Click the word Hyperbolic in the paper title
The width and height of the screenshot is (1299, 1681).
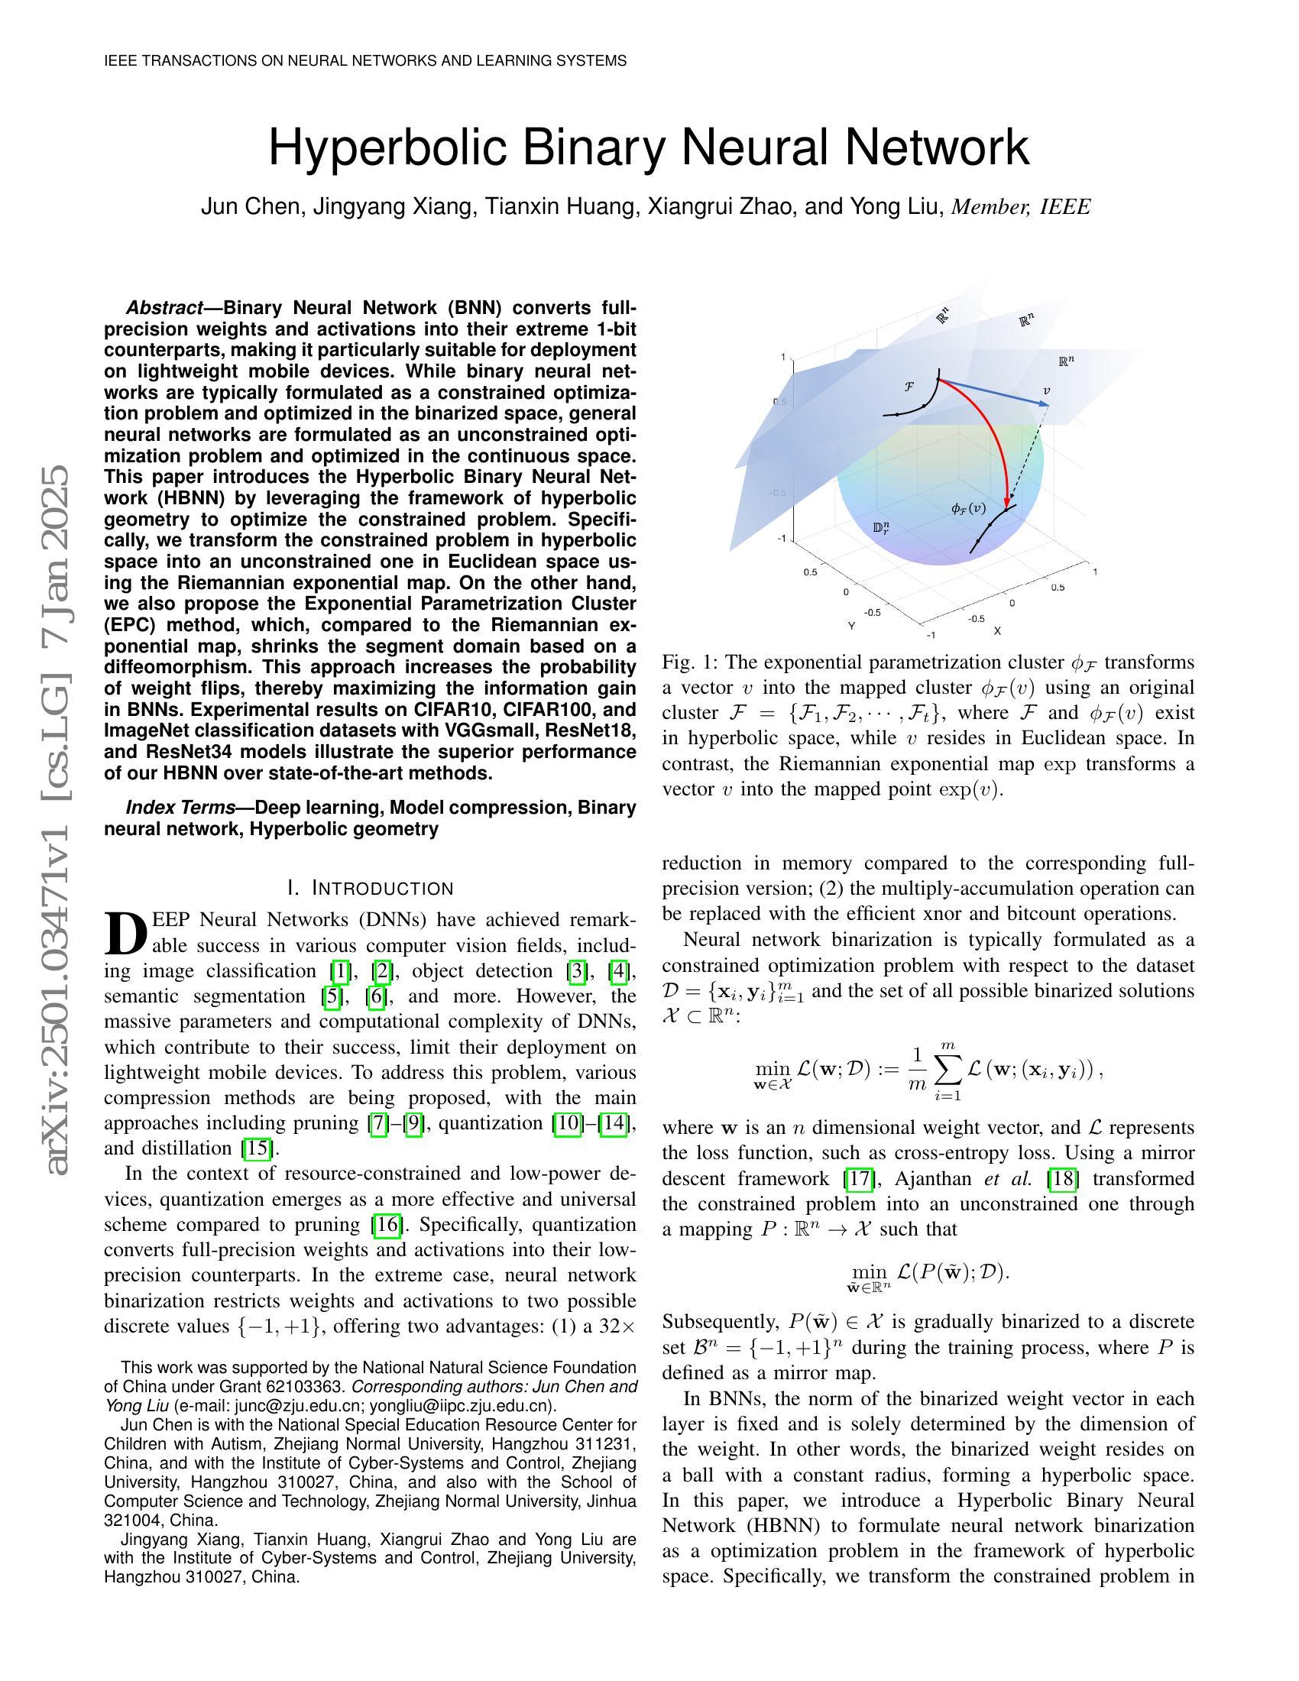pos(389,147)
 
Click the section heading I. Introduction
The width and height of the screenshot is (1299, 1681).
pos(370,888)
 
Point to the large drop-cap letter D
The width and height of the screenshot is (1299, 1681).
pos(125,933)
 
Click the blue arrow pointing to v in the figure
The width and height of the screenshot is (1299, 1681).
pos(993,393)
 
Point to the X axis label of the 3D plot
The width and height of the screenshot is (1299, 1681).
pos(997,630)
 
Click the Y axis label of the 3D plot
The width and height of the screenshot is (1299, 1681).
pos(851,626)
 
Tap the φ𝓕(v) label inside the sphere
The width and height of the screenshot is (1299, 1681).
pos(968,509)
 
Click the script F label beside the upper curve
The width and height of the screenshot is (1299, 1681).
pos(909,387)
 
